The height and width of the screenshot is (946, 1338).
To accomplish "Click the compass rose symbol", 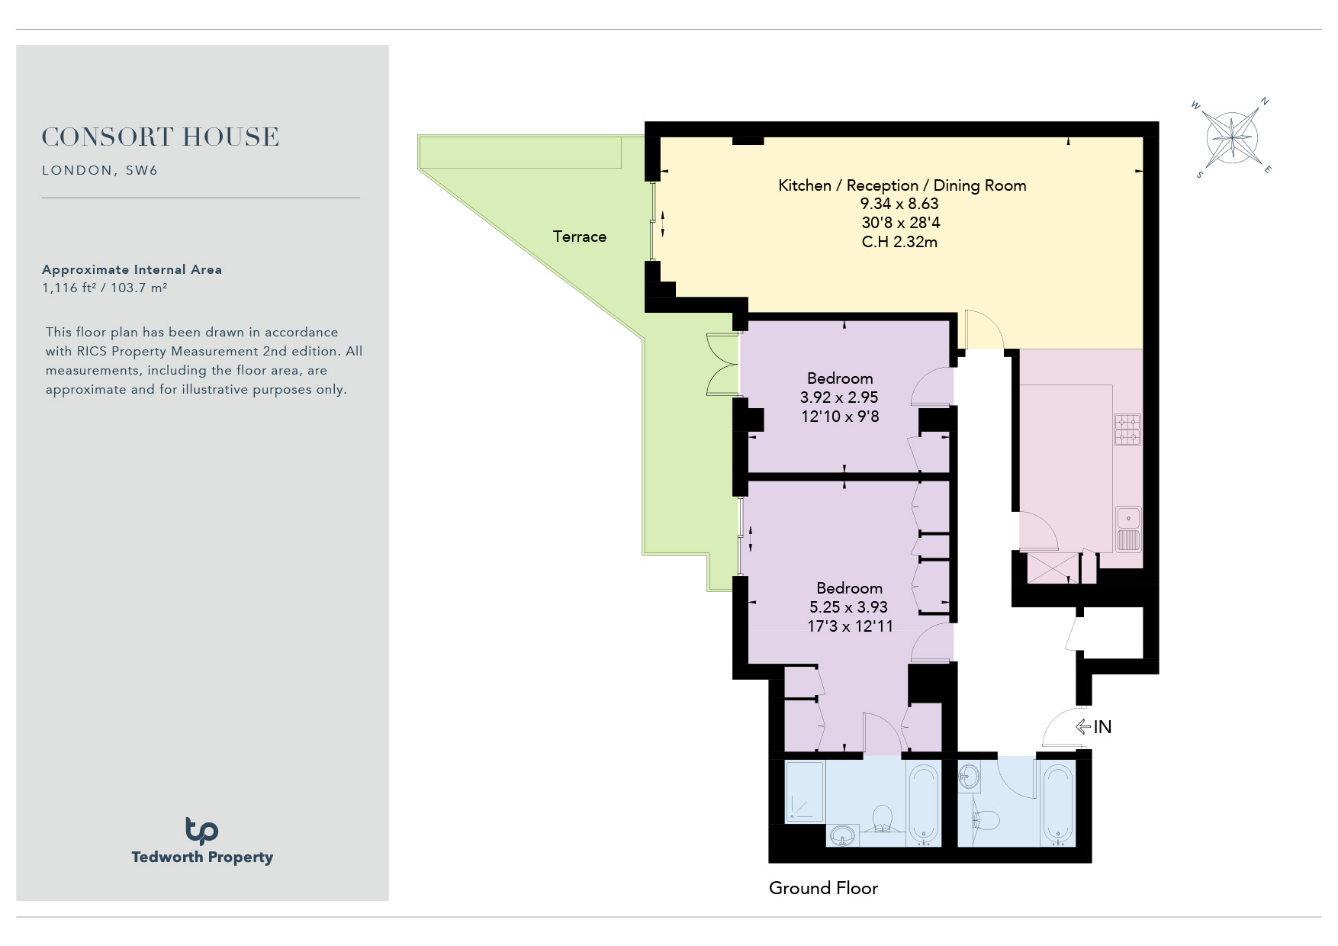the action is (1231, 138).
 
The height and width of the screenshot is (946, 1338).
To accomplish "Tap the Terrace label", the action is (580, 236).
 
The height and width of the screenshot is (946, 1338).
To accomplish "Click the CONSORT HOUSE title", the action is (160, 137).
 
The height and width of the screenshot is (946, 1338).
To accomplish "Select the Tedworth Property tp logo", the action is (201, 831).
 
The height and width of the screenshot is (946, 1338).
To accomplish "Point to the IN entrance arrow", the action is (1083, 727).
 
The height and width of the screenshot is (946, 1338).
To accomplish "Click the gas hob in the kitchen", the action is (1127, 430).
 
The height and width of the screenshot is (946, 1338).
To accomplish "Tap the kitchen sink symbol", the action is (1128, 529).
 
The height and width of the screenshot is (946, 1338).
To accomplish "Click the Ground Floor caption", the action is (823, 888).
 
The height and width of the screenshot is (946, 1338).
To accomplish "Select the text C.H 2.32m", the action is (899, 242).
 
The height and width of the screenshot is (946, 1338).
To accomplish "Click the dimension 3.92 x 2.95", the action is (839, 397).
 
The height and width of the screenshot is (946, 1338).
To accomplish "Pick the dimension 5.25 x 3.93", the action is (848, 607).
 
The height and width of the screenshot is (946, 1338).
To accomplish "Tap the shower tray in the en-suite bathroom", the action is (805, 791).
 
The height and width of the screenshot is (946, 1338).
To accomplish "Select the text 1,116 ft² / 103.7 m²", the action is (105, 288).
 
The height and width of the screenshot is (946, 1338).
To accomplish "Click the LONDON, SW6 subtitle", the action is (100, 170).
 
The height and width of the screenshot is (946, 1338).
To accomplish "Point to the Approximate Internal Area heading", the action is (132, 269).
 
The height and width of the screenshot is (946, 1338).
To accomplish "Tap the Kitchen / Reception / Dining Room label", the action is (902, 185).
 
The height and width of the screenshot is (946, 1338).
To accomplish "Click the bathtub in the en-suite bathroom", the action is (924, 805).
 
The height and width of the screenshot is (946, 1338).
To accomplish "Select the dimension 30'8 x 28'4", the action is (901, 223).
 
